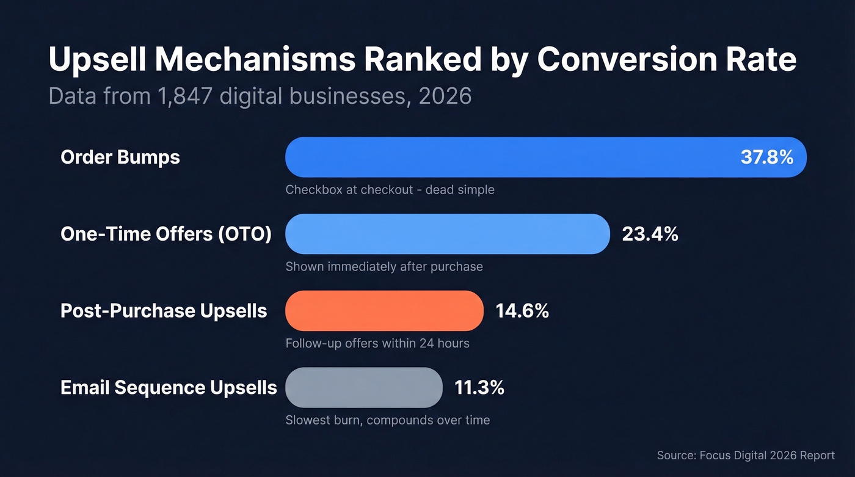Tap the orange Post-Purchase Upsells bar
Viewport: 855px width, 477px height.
[384, 311]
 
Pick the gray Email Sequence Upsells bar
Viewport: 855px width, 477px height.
[363, 387]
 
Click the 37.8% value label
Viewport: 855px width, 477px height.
[766, 157]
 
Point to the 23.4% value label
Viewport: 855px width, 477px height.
[650, 234]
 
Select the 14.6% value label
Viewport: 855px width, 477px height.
[522, 311]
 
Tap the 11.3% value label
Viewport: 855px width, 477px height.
[479, 387]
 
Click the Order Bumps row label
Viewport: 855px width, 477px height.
[120, 157]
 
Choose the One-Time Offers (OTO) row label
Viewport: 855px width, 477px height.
[166, 234]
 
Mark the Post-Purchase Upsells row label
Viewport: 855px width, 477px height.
[164, 311]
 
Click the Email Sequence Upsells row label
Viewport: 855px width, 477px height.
[169, 387]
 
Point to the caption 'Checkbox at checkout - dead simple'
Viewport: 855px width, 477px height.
[390, 190]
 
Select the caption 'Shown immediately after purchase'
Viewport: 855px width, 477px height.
[384, 267]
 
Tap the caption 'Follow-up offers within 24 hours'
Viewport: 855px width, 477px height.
[377, 343]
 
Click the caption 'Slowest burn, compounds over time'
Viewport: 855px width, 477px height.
[387, 420]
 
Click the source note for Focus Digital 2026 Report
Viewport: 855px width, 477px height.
[746, 456]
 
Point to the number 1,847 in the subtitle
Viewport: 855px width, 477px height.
[183, 96]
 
